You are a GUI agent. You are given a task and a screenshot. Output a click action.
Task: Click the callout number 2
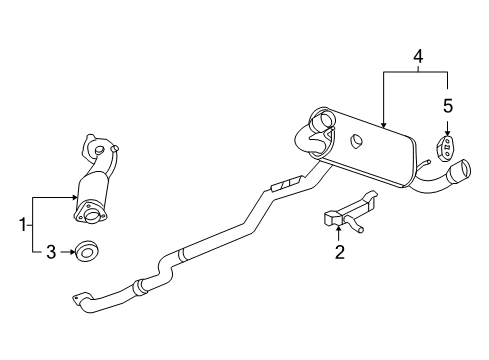point(339,254)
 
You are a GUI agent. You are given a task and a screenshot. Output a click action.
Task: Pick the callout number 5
point(448,105)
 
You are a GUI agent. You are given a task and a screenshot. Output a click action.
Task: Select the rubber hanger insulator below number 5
point(447,148)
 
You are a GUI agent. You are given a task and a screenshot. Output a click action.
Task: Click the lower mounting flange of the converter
point(90,213)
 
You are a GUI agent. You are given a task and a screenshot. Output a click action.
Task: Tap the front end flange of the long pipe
point(79,298)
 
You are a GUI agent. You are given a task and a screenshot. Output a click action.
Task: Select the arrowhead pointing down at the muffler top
point(384,123)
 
